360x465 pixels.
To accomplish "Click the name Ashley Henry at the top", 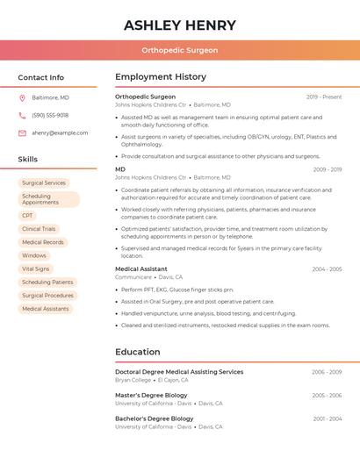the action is coord(180,25).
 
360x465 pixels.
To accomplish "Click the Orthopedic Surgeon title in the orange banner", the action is coord(180,51).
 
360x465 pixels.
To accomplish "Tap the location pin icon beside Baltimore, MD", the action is coord(22,97).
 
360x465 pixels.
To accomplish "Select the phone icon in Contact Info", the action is coord(22,115).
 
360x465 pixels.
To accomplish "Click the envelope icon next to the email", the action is coord(22,132).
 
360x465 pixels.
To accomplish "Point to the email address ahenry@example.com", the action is coord(60,132).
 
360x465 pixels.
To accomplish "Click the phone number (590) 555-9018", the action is coord(50,115).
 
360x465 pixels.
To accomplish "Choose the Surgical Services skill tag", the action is coord(44,183).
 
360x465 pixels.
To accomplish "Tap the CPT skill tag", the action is coord(28,215).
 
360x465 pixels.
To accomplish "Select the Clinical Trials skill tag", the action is coord(39,229).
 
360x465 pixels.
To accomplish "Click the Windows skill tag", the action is coord(34,255).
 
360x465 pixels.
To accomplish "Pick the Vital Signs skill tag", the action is coord(36,268).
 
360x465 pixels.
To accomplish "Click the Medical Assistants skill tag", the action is coord(45,309).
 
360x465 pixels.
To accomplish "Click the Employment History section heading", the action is coord(161,77).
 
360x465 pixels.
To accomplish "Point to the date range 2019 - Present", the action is coord(324,97).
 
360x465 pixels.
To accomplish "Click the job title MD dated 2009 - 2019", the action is coord(120,169).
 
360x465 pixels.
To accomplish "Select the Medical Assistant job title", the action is coord(140,269).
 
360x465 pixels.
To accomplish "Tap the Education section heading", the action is coord(138,352).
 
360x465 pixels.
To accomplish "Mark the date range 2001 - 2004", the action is coord(327,418).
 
